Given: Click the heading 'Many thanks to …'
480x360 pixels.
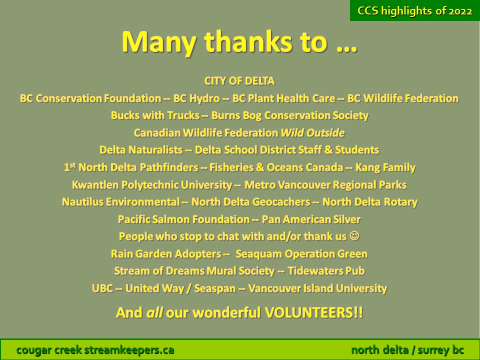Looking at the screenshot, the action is coord(239,42).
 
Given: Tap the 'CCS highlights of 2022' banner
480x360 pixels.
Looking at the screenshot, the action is coord(415,10).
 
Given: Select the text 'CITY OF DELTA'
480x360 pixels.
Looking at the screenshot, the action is coord(239,81).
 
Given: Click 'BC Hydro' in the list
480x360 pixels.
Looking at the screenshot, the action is coord(196,98).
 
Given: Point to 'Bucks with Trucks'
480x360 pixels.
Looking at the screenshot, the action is coord(155,115).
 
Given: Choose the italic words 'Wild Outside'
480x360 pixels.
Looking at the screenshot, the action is coord(312,133).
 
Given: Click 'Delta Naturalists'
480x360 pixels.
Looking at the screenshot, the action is coord(141,150).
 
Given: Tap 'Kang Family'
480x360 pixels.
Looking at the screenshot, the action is coord(385,167).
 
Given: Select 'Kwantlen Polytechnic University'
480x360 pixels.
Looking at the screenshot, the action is coord(152,185).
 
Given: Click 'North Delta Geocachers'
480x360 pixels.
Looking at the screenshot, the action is coord(250,202).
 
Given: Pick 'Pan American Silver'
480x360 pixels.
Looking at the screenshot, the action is coord(311,219).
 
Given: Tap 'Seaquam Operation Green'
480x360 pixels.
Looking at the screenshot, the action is coord(301,254).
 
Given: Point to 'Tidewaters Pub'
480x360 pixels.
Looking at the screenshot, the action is coord(326,271).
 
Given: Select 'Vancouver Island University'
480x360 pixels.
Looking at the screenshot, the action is coord(317,288).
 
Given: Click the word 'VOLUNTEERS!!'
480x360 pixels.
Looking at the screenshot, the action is coord(314,313).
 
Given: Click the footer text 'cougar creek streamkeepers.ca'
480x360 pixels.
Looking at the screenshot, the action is coord(95,350).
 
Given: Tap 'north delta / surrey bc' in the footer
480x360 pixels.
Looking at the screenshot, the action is coord(407,350).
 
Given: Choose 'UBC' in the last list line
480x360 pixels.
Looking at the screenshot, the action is coord(102,288).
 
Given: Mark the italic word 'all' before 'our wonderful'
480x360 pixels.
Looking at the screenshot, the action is coord(154,313).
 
